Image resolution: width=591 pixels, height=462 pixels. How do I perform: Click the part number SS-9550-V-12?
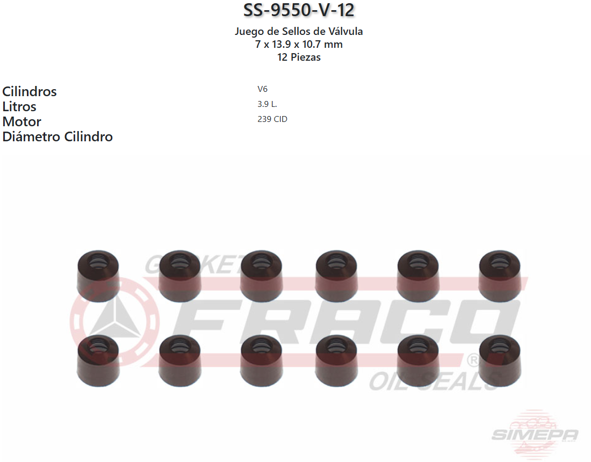point(299,10)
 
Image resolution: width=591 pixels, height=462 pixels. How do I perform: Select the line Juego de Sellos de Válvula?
point(299,32)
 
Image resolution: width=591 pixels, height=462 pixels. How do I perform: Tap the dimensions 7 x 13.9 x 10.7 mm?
point(299,45)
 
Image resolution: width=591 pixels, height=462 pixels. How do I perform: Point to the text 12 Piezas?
point(299,57)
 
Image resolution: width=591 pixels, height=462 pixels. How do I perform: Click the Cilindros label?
point(30,91)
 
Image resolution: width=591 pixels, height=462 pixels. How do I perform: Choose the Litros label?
point(19,106)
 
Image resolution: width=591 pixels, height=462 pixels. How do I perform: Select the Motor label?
point(21,121)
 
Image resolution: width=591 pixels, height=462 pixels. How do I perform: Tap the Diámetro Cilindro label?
point(57,136)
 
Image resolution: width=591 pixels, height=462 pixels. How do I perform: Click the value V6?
point(262,89)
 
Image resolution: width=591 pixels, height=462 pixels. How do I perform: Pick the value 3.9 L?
point(267,104)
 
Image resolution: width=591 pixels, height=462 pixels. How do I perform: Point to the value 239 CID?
point(272,119)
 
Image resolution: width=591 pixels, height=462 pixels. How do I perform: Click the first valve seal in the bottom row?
point(98,359)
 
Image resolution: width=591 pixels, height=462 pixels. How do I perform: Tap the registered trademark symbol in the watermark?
point(473,359)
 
